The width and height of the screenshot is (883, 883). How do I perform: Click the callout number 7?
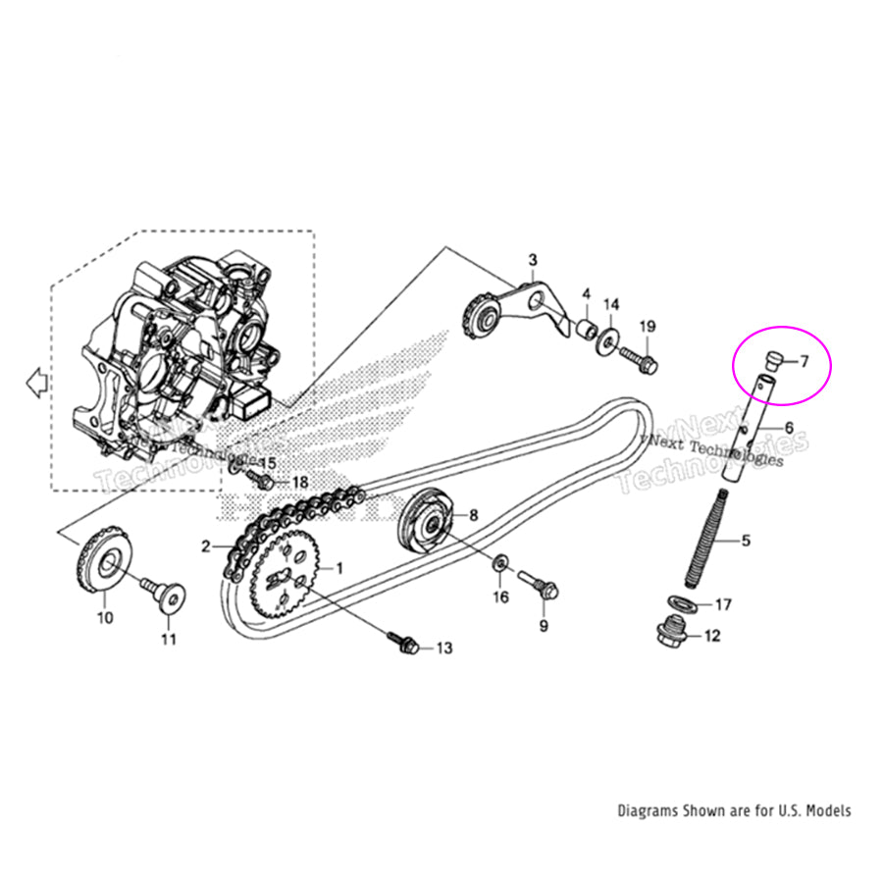click(x=803, y=362)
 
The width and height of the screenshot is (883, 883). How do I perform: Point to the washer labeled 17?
click(x=682, y=601)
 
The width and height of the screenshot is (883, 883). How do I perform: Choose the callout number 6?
click(x=787, y=428)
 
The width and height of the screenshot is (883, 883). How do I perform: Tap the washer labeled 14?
click(x=608, y=338)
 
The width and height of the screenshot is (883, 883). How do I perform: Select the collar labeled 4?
click(x=586, y=327)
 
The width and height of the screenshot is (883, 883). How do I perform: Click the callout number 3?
click(x=533, y=260)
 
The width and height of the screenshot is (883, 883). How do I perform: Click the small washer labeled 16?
click(x=501, y=563)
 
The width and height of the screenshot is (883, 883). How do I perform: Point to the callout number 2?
click(x=207, y=546)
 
